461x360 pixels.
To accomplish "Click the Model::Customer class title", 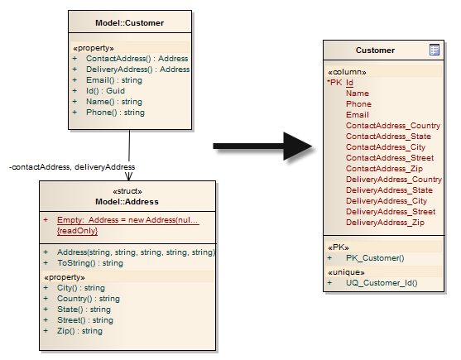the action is [x=130, y=23].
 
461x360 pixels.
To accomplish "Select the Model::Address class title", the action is [x=127, y=202].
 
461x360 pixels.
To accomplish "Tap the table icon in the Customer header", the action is [x=435, y=50].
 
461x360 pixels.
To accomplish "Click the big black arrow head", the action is [x=297, y=146].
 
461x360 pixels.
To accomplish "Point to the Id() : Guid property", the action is [x=105, y=91].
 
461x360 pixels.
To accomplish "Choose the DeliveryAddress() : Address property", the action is [x=138, y=70].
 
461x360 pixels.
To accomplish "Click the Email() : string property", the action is [x=114, y=80].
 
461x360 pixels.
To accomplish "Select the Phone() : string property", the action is [x=115, y=113].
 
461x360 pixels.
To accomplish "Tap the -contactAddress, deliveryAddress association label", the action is [x=72, y=167].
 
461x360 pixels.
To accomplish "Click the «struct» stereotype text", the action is [x=127, y=191].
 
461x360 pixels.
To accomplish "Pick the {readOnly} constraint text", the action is [x=77, y=231].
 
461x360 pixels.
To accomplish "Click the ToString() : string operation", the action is [x=90, y=263].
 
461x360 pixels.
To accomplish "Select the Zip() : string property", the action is [x=79, y=331].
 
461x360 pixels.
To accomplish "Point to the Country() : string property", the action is [x=89, y=299].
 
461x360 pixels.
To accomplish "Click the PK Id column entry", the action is [x=340, y=83].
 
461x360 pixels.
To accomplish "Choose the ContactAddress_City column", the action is [x=386, y=147].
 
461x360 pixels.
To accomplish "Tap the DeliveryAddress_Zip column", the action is [x=385, y=223].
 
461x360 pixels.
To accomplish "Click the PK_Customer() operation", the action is [x=375, y=258].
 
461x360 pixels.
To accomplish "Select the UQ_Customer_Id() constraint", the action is [x=382, y=283].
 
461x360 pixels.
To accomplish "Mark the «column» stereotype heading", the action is [x=347, y=72].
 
